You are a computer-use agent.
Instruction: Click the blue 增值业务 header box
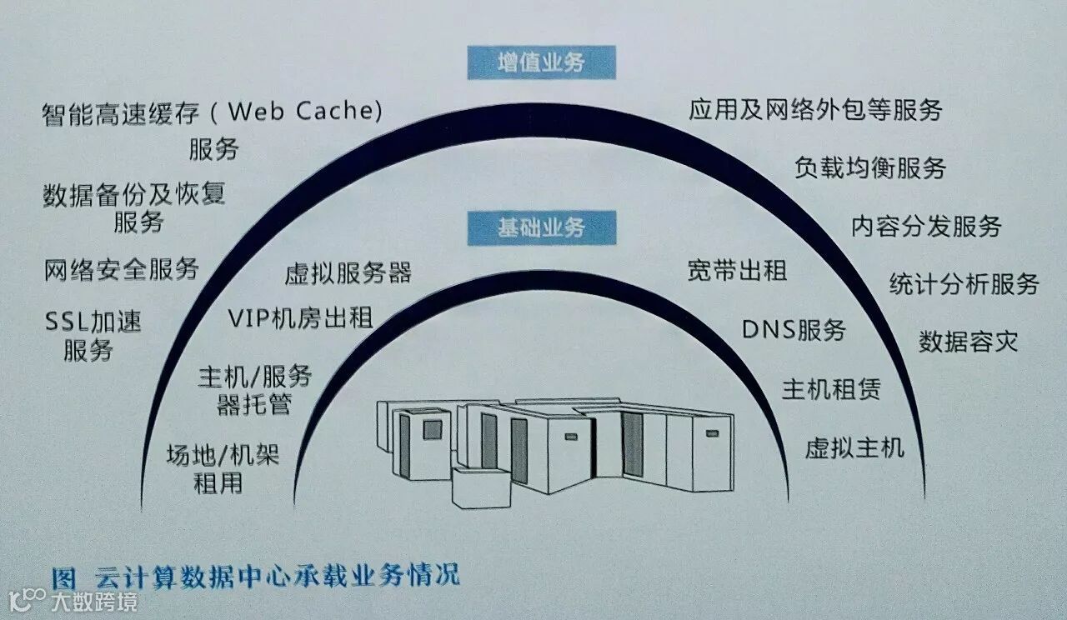[x=541, y=63]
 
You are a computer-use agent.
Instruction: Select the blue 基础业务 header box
[x=541, y=227]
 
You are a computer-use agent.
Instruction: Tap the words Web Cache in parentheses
[x=304, y=111]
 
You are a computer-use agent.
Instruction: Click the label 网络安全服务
[x=121, y=269]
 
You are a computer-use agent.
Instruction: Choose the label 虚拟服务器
[x=348, y=273]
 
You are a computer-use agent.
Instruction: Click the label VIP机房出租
[x=300, y=318]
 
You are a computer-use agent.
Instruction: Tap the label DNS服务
[x=794, y=330]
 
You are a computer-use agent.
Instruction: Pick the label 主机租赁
[x=830, y=388]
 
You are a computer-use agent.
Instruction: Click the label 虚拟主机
[x=854, y=448]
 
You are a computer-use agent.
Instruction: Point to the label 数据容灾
[x=969, y=342]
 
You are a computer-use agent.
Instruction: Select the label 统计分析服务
[x=964, y=283]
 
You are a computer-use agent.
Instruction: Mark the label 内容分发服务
[x=925, y=226]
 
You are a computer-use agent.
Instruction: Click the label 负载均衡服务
[x=870, y=168]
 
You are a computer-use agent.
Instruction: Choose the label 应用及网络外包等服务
[x=815, y=110]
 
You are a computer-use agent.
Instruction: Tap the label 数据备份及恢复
[x=134, y=195]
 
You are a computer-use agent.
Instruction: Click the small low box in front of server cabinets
[x=480, y=487]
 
